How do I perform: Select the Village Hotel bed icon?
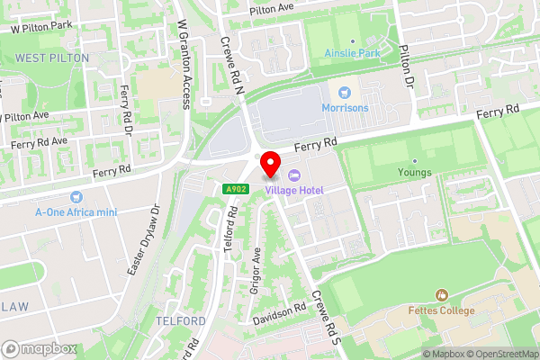point(294,176)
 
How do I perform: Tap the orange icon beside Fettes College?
point(441,295)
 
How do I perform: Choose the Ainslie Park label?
point(352,53)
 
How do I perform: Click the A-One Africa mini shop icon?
point(76,197)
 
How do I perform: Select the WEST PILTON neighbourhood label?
point(51,58)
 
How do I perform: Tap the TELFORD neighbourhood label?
point(181,321)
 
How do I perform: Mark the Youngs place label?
point(415,173)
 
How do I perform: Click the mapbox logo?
point(40,348)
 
